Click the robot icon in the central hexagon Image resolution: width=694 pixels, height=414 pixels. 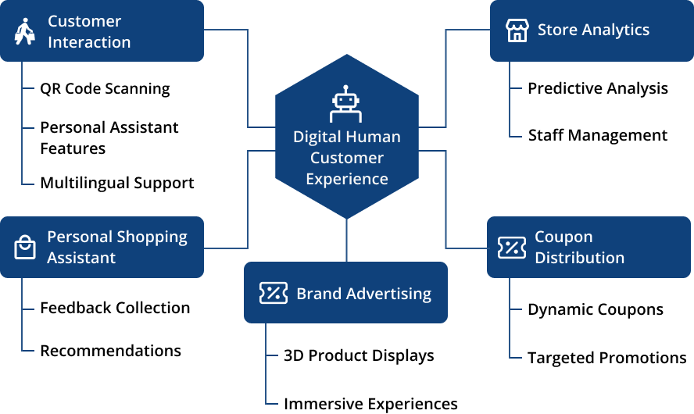click(345, 104)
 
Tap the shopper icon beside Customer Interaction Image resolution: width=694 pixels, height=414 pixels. click(25, 31)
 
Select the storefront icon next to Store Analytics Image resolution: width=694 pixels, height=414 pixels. click(517, 30)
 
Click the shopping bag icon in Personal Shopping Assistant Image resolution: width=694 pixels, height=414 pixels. click(25, 247)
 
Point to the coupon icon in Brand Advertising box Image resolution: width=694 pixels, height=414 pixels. click(273, 293)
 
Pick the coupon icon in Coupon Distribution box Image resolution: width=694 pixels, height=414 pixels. click(512, 248)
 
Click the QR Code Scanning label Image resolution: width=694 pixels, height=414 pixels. click(105, 89)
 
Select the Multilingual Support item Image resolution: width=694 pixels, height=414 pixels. click(117, 183)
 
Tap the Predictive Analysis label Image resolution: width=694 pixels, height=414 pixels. click(598, 88)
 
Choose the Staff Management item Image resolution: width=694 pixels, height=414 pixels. click(598, 135)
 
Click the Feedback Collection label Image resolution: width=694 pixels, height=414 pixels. click(115, 308)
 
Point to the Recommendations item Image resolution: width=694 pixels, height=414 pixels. click(111, 351)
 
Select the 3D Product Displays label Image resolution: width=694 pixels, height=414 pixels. click(359, 355)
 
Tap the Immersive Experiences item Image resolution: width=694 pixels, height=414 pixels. click(371, 404)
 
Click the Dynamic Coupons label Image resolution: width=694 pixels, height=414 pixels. click(596, 309)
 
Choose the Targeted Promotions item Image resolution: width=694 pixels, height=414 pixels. click(607, 358)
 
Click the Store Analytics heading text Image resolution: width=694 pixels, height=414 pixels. click(593, 30)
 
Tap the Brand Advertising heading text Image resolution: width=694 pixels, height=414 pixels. click(364, 294)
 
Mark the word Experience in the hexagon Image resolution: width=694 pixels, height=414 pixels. click(347, 179)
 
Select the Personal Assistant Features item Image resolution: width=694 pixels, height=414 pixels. click(109, 138)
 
